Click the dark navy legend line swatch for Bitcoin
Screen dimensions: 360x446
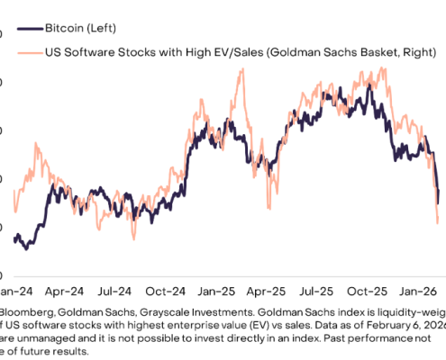coord(21,28)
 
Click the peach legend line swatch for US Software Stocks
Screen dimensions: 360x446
coord(21,53)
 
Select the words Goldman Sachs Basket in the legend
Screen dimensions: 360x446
coord(342,53)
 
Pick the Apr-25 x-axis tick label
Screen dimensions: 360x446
coord(294,292)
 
